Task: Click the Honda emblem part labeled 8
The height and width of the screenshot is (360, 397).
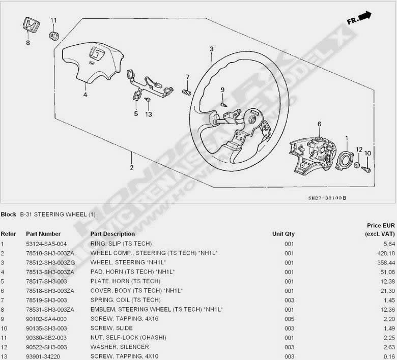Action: pyautogui.click(x=31, y=25)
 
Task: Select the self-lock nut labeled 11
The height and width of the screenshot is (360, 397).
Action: pyautogui.click(x=54, y=35)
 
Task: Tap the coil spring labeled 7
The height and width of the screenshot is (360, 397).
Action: pyautogui.click(x=187, y=93)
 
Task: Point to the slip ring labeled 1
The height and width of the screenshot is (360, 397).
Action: pyautogui.click(x=344, y=160)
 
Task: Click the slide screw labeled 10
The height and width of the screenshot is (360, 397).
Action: pyautogui.click(x=366, y=169)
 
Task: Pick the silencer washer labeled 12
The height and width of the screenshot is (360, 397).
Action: pyautogui.click(x=356, y=165)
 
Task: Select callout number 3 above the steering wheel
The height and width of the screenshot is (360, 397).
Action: pyautogui.click(x=212, y=49)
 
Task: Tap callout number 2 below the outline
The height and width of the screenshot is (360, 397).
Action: pyautogui.click(x=132, y=167)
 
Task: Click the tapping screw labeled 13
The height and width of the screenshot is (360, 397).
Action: pyautogui.click(x=148, y=100)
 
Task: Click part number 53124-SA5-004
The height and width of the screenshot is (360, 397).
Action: pyautogui.click(x=46, y=244)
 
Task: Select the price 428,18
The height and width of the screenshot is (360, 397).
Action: pyautogui.click(x=386, y=253)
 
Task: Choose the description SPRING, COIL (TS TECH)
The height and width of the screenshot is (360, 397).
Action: pyautogui.click(x=126, y=300)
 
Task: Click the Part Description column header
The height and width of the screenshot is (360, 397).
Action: pyautogui.click(x=112, y=234)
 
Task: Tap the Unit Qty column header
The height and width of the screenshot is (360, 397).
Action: pyautogui.click(x=283, y=234)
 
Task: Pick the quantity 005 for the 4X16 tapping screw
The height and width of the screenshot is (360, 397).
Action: pyautogui.click(x=289, y=319)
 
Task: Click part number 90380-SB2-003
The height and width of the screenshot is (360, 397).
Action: pyautogui.click(x=46, y=338)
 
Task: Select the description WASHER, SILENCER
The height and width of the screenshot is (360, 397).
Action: pyautogui.click(x=120, y=347)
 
